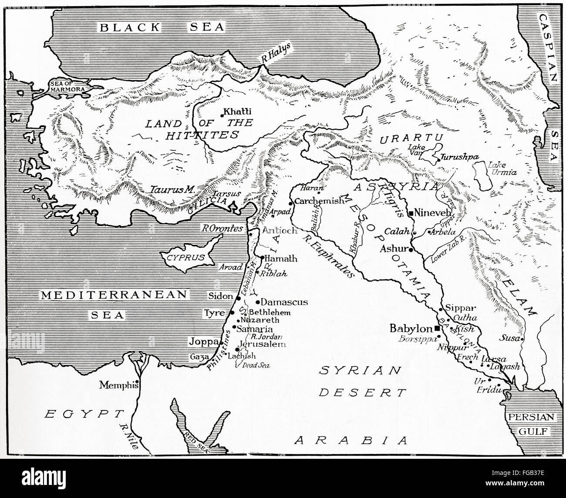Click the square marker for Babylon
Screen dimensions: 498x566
click(437, 328)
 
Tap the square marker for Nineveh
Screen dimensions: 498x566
click(411, 213)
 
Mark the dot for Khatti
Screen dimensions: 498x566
click(222, 115)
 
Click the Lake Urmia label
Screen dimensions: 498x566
click(502, 169)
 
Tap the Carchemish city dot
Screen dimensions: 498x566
click(290, 203)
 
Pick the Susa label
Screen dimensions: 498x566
click(510, 337)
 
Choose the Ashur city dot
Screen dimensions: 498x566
click(410, 249)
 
